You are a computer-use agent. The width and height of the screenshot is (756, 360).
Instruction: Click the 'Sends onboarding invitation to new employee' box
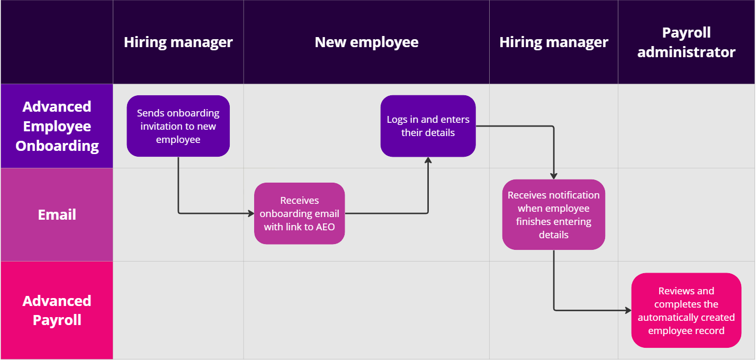click(x=178, y=126)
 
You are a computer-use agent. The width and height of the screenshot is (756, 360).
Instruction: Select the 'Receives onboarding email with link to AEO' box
click(x=299, y=213)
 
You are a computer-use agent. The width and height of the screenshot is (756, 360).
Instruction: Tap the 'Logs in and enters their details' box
click(x=428, y=126)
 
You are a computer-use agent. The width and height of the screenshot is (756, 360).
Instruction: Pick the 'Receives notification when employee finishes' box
click(x=553, y=214)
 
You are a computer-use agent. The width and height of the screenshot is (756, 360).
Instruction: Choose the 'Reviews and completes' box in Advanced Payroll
click(x=686, y=310)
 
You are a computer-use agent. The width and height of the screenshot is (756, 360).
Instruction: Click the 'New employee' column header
click(x=366, y=42)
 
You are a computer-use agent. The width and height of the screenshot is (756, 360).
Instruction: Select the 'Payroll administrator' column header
click(x=686, y=42)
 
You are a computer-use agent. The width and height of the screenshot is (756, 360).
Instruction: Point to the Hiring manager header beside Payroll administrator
click(x=553, y=42)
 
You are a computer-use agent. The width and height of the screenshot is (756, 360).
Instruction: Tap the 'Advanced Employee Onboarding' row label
click(x=57, y=126)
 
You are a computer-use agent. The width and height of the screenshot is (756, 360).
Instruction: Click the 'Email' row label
click(x=57, y=214)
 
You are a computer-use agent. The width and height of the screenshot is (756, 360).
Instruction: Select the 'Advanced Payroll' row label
click(x=57, y=310)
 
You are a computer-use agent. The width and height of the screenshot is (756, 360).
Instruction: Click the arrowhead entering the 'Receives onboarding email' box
click(x=251, y=213)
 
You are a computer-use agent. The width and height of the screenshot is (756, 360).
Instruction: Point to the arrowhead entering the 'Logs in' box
click(x=428, y=160)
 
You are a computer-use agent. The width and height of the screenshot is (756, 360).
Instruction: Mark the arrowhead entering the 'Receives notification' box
click(x=553, y=176)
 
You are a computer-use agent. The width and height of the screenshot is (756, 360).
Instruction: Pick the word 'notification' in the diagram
click(x=574, y=195)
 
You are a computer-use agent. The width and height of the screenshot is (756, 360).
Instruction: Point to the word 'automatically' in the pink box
click(x=664, y=318)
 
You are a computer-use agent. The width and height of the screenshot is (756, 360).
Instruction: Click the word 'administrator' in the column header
click(x=686, y=52)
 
